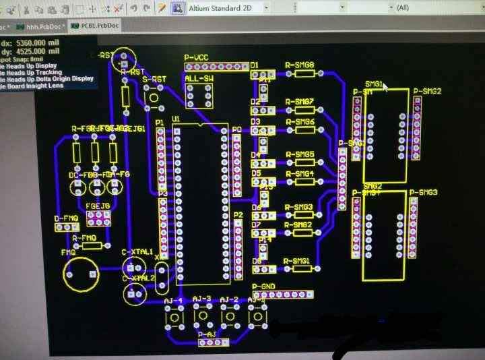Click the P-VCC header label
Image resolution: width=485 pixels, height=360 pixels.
(197, 59)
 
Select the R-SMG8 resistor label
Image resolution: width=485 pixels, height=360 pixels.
(299, 65)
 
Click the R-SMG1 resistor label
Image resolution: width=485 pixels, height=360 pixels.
(296, 261)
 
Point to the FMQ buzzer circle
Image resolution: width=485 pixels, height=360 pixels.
(81, 274)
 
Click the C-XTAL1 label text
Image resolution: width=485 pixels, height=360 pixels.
(137, 251)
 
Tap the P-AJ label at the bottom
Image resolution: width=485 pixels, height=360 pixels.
(207, 334)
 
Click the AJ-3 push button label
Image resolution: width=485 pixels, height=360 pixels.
(201, 299)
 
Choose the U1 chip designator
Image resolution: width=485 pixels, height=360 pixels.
(176, 119)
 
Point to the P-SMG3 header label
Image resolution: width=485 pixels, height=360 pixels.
(424, 193)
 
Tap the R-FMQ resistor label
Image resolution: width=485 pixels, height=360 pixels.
(84, 238)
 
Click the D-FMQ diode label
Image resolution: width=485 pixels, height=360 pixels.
(65, 218)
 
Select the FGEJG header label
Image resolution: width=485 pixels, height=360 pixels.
(98, 206)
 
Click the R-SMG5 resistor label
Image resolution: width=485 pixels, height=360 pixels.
(299, 154)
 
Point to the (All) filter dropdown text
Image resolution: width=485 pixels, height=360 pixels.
(403, 7)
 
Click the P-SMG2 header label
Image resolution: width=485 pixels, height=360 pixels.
(427, 91)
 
